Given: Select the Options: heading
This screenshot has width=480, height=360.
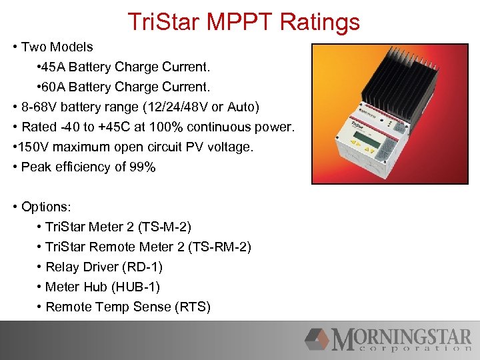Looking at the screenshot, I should point(41,207).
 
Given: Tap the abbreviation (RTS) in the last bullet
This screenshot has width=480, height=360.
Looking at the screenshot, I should point(192,307).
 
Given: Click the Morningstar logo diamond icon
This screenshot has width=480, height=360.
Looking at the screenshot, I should point(317,339).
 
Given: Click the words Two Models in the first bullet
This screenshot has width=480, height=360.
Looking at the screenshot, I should point(57,47).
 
